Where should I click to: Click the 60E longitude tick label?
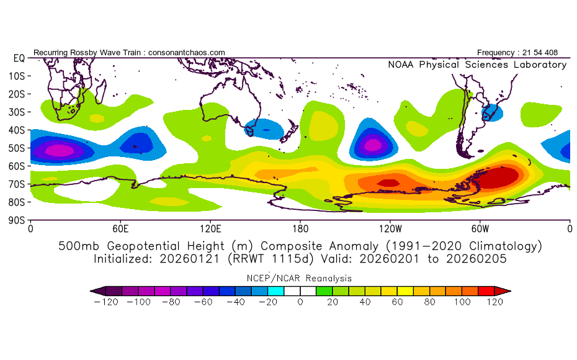pos(120,229)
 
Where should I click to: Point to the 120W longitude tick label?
pos(390,229)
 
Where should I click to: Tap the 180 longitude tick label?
pos(300,229)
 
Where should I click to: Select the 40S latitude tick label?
pos(17,130)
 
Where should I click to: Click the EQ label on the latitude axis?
pos(19,58)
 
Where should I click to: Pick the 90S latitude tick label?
pos(17,220)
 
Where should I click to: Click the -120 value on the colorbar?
pos(106,302)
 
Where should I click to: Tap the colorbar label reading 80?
pos(429,302)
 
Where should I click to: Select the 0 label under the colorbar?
pos(300,302)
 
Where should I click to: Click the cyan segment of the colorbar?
pos(275,291)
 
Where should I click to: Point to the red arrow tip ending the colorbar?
pos(503,291)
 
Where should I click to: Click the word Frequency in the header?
pos(496,53)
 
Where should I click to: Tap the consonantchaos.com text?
pos(187,53)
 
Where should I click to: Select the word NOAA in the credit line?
pos(401,65)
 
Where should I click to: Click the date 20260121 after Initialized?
pos(189,259)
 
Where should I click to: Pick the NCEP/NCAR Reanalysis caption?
pos(299,278)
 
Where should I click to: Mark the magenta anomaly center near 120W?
pos(373,145)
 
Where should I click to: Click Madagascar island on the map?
pos(101,91)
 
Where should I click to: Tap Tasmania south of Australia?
pos(249,130)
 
